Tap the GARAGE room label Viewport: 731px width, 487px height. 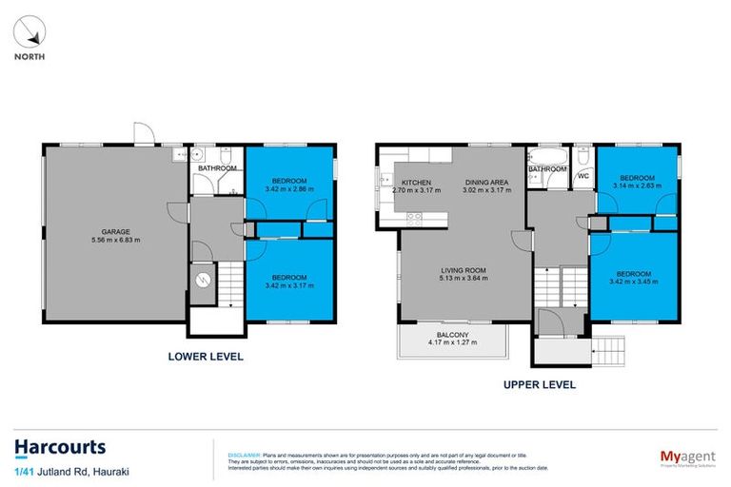click(116, 231)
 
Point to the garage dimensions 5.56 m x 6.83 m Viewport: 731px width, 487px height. click(116, 240)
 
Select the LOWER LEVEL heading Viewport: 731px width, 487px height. click(206, 357)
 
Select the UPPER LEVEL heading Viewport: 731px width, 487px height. click(541, 385)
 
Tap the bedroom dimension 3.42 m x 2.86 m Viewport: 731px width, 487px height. click(288, 188)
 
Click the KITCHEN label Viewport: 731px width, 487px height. click(416, 183)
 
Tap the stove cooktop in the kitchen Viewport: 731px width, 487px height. click(415, 218)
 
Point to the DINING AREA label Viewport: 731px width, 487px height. click(485, 183)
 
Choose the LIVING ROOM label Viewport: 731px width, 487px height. click(462, 270)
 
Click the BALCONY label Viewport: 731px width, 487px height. click(452, 336)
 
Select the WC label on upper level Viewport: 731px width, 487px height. click(583, 175)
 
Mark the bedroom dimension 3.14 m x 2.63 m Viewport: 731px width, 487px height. click(637, 186)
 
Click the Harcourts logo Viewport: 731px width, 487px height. click(59, 447)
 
